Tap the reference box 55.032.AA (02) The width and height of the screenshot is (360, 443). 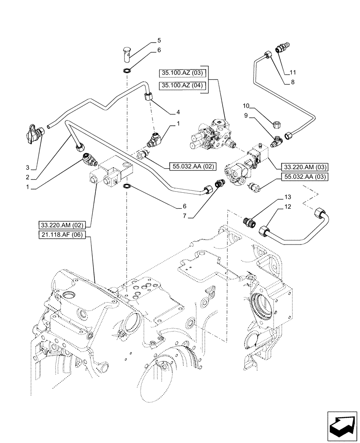tap(192, 167)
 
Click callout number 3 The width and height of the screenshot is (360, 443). tap(27, 167)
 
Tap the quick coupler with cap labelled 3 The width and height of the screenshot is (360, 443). tap(35, 132)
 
